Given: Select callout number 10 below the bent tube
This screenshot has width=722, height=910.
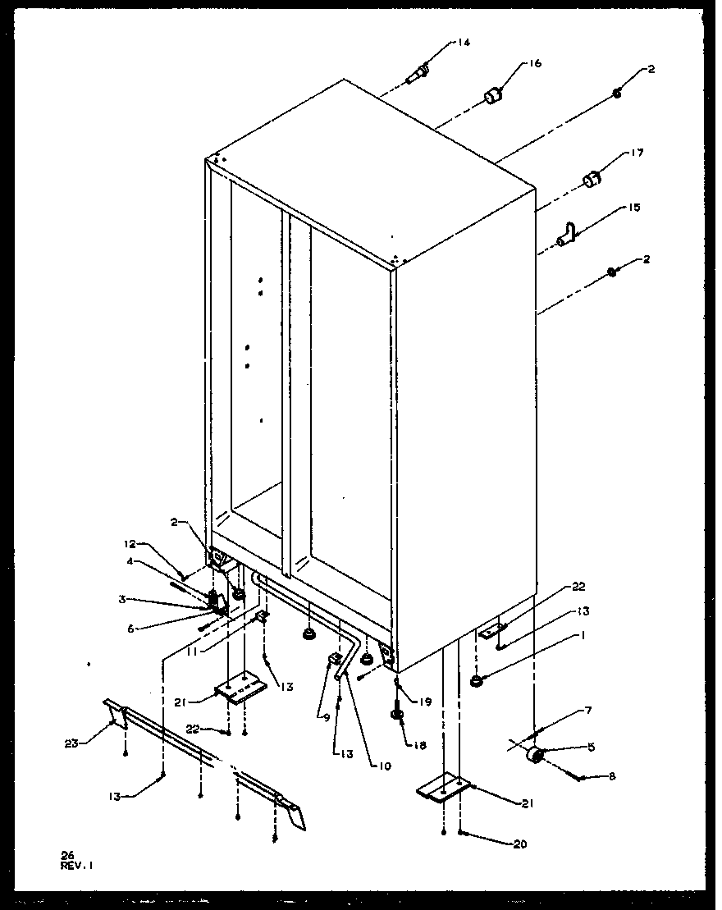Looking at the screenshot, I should tap(384, 766).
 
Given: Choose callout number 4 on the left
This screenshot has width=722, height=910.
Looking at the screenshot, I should tap(130, 561).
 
